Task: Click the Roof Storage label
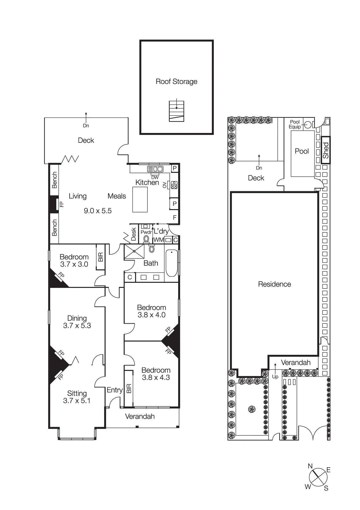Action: pyautogui.click(x=176, y=82)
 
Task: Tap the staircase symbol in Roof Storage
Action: pyautogui.click(x=176, y=111)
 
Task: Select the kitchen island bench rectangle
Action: pyautogui.click(x=140, y=200)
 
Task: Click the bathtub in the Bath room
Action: pyautogui.click(x=171, y=263)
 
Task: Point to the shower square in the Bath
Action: pyautogui.click(x=134, y=251)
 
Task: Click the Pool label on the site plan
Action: pyautogui.click(x=302, y=151)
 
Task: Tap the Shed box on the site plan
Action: pyautogui.click(x=326, y=150)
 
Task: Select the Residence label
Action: pyautogui.click(x=274, y=284)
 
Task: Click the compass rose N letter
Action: pyautogui.click(x=310, y=466)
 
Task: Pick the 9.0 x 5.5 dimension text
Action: pyautogui.click(x=97, y=211)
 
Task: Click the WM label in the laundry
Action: pyautogui.click(x=158, y=240)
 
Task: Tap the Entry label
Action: pyautogui.click(x=114, y=390)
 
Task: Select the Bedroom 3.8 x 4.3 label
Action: pyautogui.click(x=156, y=374)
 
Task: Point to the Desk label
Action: pyautogui.click(x=134, y=234)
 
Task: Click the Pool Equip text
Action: pyautogui.click(x=295, y=124)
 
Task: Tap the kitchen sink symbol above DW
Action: pyautogui.click(x=155, y=169)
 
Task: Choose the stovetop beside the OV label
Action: pyautogui.click(x=174, y=185)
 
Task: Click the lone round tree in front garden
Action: pyautogui.click(x=252, y=409)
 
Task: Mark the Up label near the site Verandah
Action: pyautogui.click(x=275, y=376)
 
